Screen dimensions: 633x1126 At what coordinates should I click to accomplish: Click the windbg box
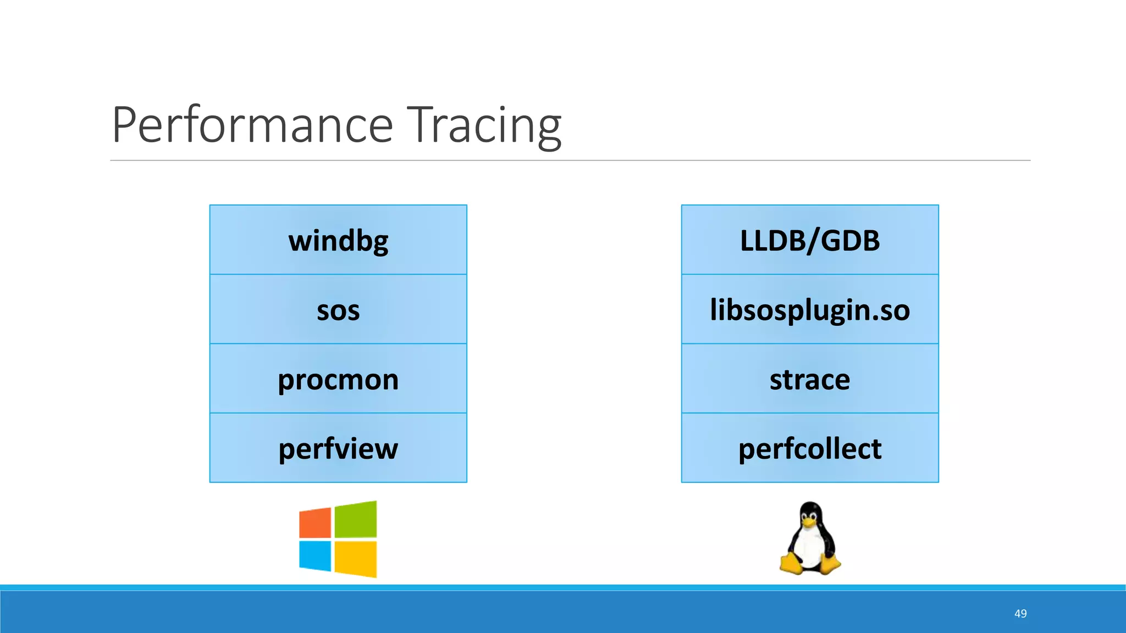point(338,240)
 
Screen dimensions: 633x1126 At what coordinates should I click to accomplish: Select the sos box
point(338,309)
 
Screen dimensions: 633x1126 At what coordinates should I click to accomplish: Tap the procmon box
point(338,379)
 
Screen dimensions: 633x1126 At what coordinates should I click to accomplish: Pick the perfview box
point(338,448)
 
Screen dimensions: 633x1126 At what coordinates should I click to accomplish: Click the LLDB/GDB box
point(810,240)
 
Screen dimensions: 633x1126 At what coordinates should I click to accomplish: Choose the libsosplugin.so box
point(810,309)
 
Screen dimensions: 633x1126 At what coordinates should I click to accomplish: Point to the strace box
point(810,379)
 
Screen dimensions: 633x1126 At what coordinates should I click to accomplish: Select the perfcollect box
point(810,448)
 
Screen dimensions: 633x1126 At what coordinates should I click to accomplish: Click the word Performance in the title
point(252,125)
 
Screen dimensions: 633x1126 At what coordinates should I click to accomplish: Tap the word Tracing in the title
point(484,125)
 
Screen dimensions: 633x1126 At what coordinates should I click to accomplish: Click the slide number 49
point(1020,614)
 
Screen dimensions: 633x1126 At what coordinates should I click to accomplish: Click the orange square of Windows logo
point(316,523)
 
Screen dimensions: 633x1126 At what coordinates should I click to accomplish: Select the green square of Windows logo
point(356,520)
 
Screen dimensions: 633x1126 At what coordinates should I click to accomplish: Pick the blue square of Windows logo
point(316,556)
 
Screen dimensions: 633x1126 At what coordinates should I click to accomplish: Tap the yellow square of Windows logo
point(356,559)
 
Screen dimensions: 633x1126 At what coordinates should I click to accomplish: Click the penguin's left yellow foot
point(792,564)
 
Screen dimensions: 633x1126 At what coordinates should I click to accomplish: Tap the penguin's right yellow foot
point(829,564)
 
